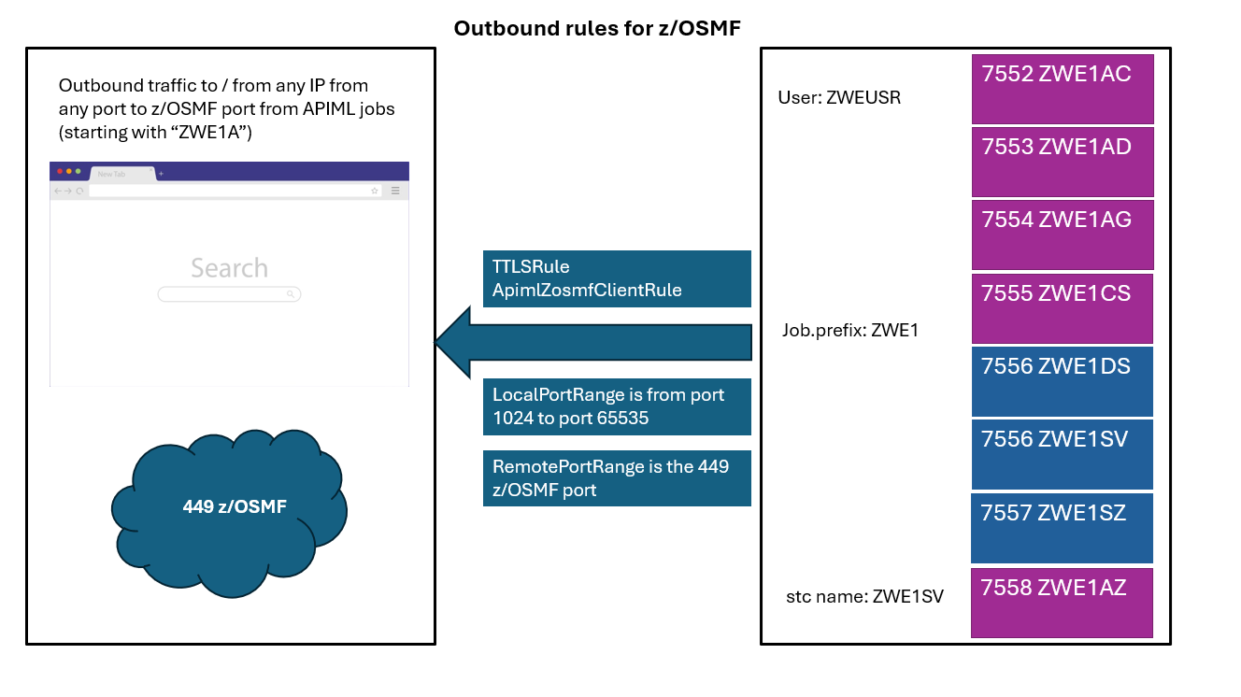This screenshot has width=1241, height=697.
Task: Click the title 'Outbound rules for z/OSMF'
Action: (596, 28)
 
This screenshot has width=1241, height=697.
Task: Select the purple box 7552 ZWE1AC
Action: (1062, 89)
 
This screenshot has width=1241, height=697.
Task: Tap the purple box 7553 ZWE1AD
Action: (1062, 162)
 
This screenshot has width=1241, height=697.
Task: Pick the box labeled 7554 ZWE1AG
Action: (1062, 235)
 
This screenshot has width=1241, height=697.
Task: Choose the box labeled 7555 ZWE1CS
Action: (1062, 308)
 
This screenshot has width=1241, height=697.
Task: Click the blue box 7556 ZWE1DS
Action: (1062, 381)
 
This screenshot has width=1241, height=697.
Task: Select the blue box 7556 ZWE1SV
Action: (1062, 454)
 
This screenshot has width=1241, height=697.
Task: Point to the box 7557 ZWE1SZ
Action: (1062, 528)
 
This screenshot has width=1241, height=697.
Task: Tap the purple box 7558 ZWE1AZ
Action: (1062, 603)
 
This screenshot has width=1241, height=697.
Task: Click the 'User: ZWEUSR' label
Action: (838, 97)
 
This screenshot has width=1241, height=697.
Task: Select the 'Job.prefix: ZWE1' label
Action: (850, 330)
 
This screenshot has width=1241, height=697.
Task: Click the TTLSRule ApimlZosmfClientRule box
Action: (617, 278)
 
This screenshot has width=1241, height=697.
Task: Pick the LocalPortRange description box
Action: (617, 406)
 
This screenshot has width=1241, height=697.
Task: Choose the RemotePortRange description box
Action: (617, 478)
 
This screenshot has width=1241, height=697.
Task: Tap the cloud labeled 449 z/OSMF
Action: (234, 509)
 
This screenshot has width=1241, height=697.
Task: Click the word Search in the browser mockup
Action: (229, 268)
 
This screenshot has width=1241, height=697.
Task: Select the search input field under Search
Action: (229, 294)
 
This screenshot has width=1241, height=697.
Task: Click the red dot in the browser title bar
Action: (60, 172)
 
